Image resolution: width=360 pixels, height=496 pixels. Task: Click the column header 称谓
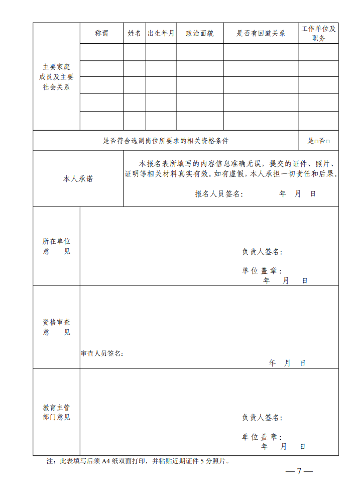tap(101, 34)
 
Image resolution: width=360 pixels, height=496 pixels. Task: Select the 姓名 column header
tap(135, 34)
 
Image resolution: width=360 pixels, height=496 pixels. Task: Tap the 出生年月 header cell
tap(161, 34)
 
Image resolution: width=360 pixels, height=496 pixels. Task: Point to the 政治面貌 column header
tap(199, 34)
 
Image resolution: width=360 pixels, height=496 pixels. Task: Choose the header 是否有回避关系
tap(261, 34)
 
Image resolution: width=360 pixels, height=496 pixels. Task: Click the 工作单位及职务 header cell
tap(318, 33)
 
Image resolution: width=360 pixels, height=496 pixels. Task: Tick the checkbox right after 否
tap(328, 142)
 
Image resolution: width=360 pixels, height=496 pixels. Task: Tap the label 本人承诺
tap(78, 179)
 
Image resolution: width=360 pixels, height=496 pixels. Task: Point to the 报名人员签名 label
tap(218, 194)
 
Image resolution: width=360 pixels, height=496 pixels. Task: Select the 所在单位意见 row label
tap(56, 246)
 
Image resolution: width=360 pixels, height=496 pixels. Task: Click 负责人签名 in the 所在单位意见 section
tap(262, 252)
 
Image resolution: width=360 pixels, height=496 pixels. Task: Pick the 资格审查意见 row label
tap(56, 327)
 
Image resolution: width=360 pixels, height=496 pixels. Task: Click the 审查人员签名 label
tap(102, 354)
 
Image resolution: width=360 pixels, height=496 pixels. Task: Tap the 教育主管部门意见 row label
tap(56, 412)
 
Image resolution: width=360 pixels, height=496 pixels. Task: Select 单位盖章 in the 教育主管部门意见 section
tap(262, 437)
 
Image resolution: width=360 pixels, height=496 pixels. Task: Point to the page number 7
tap(299, 471)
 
